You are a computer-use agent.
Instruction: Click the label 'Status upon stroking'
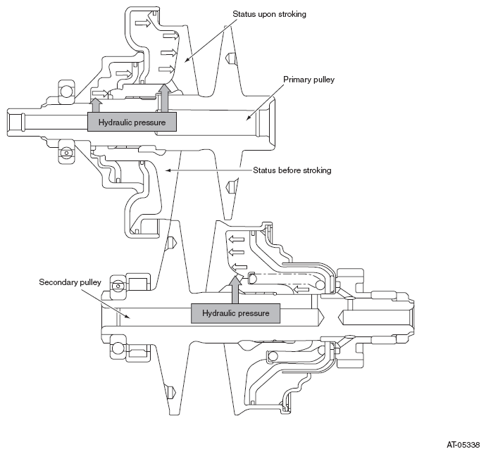269,14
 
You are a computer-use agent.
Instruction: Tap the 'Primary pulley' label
309,80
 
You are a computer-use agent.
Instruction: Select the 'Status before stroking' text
292,170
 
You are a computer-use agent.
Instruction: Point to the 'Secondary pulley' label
70,282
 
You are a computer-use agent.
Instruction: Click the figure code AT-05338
463,445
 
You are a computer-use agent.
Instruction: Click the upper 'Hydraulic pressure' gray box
132,122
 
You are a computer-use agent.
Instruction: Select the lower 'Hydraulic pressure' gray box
235,313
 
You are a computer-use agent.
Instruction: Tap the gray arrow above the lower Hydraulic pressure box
236,289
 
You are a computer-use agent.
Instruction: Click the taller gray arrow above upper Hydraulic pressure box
164,98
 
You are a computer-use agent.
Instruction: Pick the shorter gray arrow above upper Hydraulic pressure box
96,105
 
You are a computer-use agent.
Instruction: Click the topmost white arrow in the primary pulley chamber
143,23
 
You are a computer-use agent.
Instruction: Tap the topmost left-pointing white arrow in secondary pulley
236,239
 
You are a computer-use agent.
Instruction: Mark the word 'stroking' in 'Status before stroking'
317,170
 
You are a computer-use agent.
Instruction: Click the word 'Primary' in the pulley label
295,80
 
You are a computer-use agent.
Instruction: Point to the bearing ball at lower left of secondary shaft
118,348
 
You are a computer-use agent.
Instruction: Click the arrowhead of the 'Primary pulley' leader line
248,118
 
